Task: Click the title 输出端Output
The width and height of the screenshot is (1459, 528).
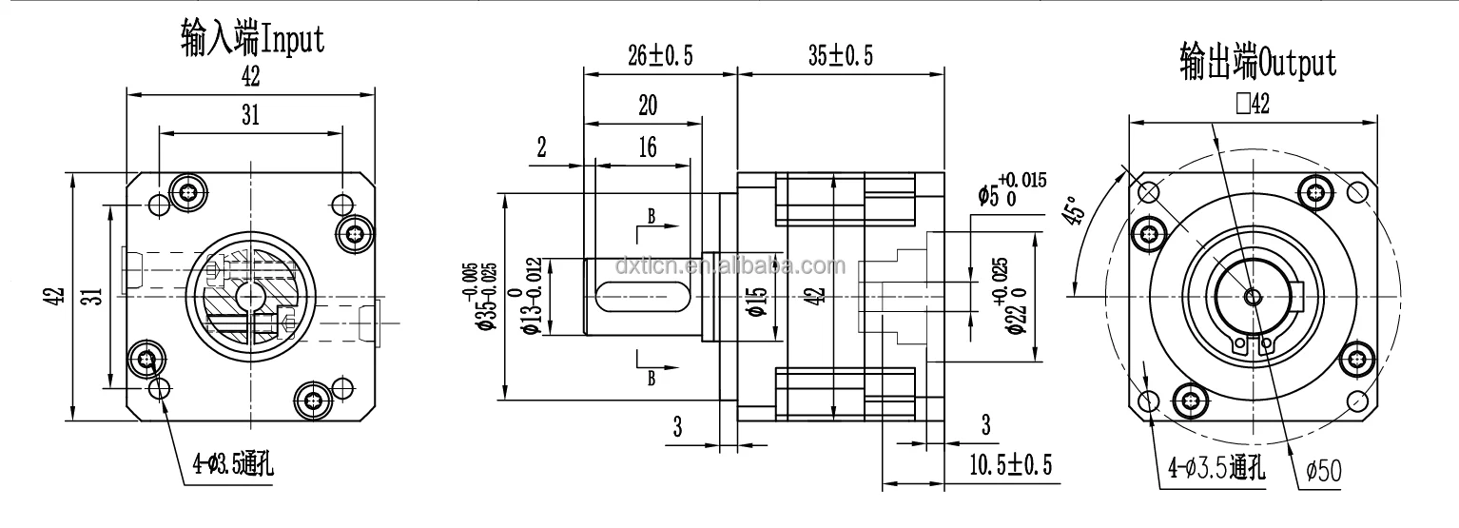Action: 1256,63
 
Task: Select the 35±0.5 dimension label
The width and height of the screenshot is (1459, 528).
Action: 840,56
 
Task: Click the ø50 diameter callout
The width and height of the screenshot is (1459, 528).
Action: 1323,470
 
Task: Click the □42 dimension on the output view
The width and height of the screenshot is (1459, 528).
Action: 1253,104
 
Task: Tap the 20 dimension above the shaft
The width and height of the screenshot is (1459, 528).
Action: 647,106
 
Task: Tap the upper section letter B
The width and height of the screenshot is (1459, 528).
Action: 652,216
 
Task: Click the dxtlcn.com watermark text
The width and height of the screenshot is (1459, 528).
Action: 729,266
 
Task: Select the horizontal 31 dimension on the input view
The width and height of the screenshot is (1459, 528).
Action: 250,115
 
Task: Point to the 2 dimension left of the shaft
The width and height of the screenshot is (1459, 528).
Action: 541,147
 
